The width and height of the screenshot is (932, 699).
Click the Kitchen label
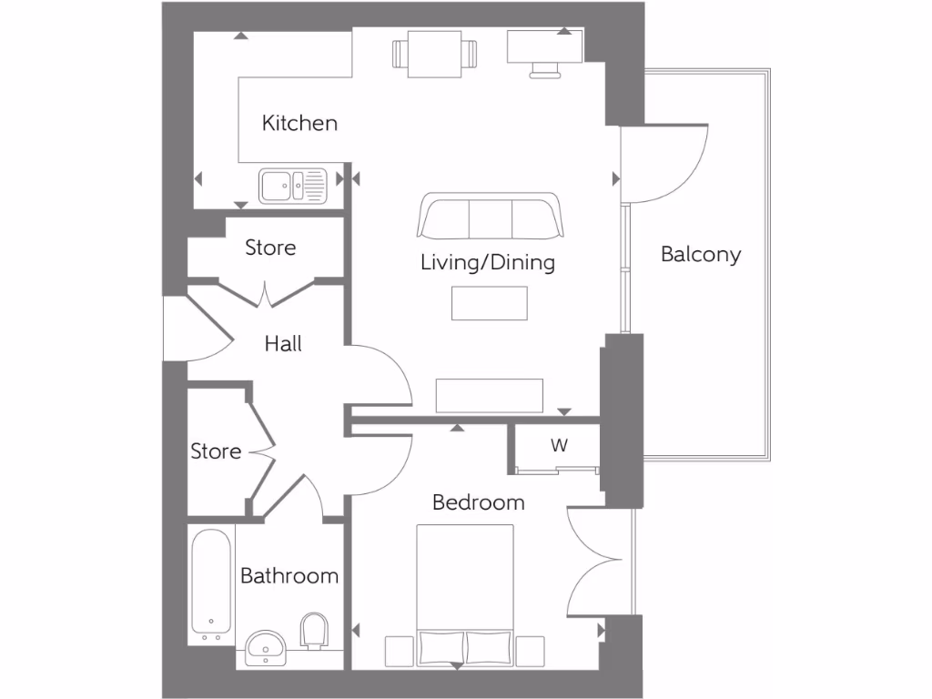(299, 123)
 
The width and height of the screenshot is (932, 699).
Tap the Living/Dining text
(487, 263)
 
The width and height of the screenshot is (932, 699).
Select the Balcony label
(700, 255)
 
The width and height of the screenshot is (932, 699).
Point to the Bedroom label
(478, 501)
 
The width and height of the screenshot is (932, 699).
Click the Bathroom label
(289, 575)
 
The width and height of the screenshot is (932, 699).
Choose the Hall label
(283, 344)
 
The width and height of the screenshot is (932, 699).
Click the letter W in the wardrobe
(559, 446)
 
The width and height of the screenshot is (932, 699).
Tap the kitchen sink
(292, 186)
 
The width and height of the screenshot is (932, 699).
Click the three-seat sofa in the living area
(491, 216)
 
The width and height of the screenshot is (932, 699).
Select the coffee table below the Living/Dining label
(490, 303)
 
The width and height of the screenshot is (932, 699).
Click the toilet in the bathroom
(314, 631)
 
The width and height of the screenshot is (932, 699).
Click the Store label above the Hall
(270, 248)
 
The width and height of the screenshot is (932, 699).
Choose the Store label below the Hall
(216, 451)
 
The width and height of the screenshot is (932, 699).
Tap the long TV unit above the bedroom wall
(490, 396)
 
